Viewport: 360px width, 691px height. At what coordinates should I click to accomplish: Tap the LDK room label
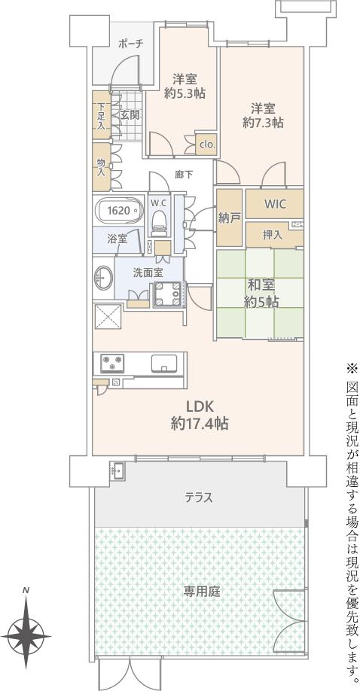point(200,406)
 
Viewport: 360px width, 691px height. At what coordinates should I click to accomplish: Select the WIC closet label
point(275,204)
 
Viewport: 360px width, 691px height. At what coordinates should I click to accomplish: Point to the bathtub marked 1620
point(118,211)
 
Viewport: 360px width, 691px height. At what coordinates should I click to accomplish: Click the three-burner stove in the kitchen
point(112,363)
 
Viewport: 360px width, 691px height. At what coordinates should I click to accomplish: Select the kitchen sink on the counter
point(164,363)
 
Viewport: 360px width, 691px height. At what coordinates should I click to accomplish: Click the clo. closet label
point(207,144)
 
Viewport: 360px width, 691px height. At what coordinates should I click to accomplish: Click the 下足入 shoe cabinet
point(102,114)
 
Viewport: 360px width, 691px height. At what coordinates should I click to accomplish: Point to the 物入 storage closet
point(102,167)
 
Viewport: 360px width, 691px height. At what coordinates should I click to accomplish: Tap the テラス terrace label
point(200,498)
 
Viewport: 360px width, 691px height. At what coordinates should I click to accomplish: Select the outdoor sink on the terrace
point(117,471)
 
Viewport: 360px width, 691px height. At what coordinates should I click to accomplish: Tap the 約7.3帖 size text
point(264,123)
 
